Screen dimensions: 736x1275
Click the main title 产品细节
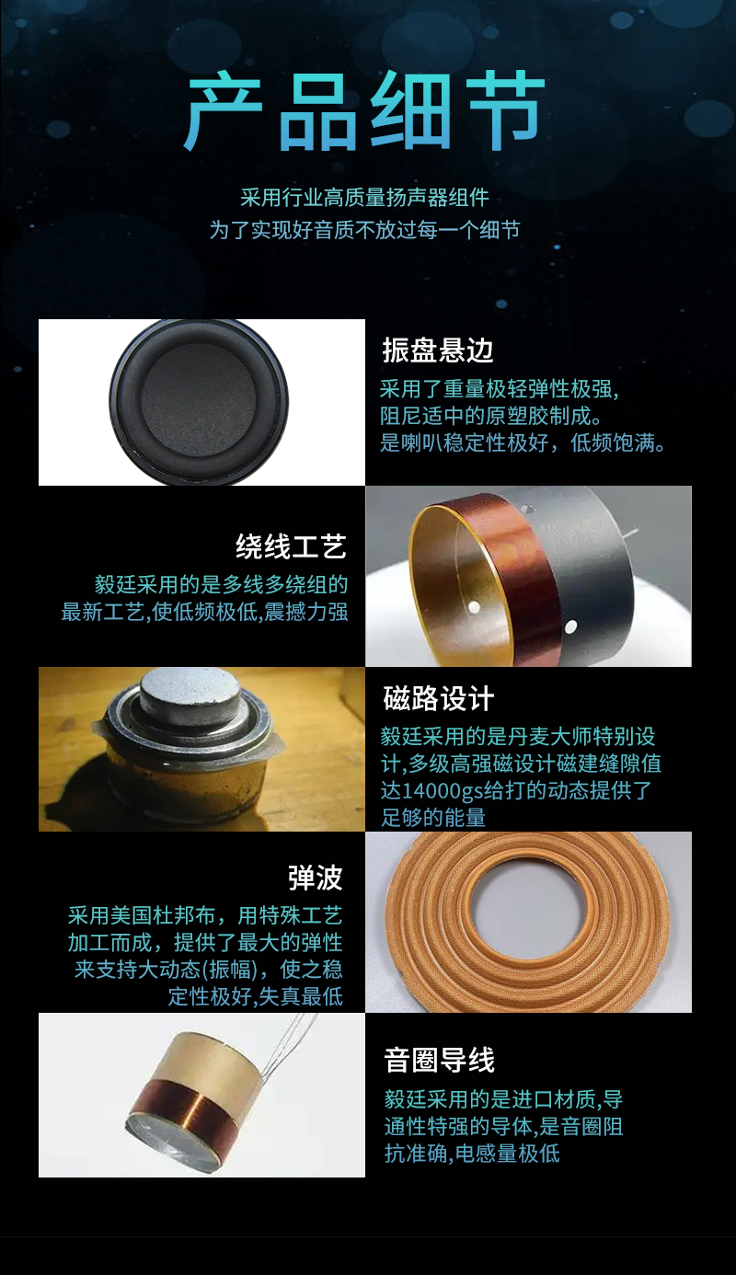(364, 111)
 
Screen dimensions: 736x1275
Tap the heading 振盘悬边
(438, 350)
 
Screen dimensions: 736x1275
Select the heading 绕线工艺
(292, 546)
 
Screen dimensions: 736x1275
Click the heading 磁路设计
(438, 698)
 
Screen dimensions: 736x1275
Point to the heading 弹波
(316, 877)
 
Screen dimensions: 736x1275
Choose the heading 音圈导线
(440, 1060)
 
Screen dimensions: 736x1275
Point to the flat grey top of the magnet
(189, 690)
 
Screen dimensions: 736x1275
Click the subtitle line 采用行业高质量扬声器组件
(364, 198)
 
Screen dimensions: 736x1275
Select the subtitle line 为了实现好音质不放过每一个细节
(364, 230)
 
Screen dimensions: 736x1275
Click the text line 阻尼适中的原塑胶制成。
(491, 416)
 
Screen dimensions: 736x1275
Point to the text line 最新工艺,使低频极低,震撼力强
(205, 612)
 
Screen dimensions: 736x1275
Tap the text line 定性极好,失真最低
(256, 996)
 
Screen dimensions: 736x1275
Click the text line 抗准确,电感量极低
(472, 1154)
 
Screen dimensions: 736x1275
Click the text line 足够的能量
(433, 818)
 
